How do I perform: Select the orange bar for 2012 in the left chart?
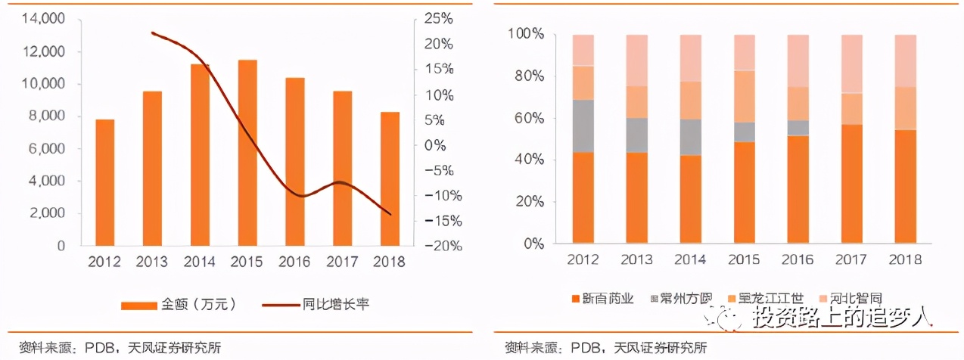(104, 182)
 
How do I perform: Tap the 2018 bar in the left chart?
(390, 178)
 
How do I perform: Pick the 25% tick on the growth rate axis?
(437, 17)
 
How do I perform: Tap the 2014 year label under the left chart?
(199, 262)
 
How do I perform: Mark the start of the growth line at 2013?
(152, 33)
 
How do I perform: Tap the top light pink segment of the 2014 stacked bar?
(691, 57)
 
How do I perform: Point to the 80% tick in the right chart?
(525, 76)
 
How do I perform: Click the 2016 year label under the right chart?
(798, 259)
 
